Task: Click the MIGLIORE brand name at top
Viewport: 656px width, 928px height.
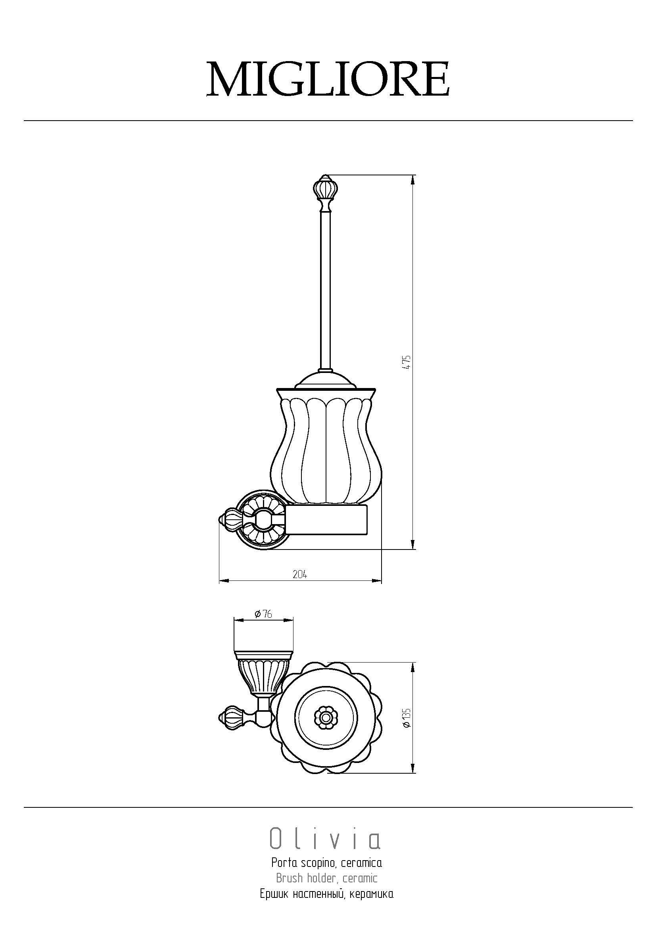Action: pos(328,79)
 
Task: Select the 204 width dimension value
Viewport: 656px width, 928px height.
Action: pos(300,574)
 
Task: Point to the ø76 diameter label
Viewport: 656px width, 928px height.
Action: pos(263,625)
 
